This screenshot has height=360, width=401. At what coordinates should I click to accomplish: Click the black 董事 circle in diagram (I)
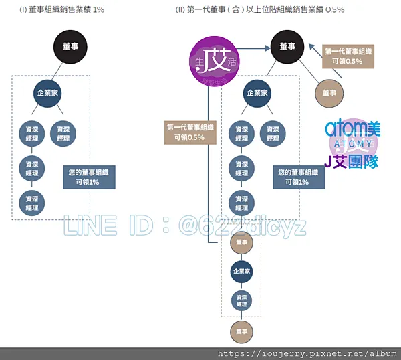coord(70,47)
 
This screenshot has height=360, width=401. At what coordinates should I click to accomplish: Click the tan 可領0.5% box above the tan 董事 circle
coord(348,56)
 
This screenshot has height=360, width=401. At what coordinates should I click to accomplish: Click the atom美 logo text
coord(352,128)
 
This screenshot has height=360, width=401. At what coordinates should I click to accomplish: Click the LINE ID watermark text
coord(184,226)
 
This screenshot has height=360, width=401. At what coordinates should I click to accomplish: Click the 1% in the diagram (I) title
coord(98,10)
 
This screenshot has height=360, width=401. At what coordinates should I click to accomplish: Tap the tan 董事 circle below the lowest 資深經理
coord(241,329)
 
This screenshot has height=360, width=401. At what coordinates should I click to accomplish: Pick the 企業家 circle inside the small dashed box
coord(241,272)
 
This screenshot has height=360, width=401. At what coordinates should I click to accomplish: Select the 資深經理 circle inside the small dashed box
coord(241,300)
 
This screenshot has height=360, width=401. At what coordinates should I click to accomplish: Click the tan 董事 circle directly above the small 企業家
coord(241,243)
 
